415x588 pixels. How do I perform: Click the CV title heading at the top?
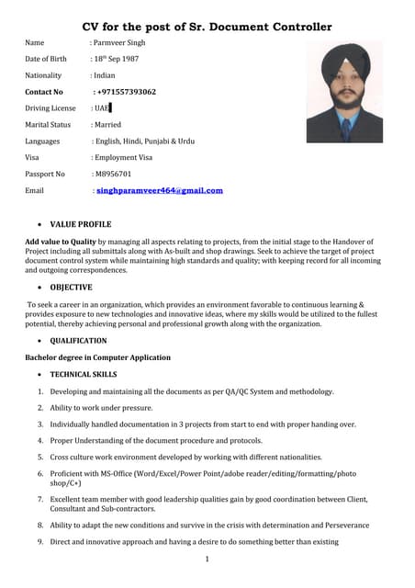tap(207, 27)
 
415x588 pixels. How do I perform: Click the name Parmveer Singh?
tap(118, 42)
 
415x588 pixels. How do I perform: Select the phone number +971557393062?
tap(126, 92)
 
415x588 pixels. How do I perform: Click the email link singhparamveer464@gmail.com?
tap(160, 190)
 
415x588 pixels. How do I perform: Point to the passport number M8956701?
tap(114, 174)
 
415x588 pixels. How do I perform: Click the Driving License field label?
tap(50, 108)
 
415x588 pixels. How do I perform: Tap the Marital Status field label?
tap(48, 124)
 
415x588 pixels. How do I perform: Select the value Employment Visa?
tap(122, 157)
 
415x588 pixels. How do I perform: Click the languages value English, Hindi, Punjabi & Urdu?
tap(144, 141)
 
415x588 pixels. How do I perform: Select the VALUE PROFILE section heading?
tap(81, 224)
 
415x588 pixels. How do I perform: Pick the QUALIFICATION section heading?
tap(78, 341)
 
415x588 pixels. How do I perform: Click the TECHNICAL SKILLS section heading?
tap(84, 375)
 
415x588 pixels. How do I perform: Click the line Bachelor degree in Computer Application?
tap(97, 357)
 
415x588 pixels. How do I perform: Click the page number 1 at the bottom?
tap(207, 559)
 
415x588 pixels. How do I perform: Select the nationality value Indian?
tap(104, 75)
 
